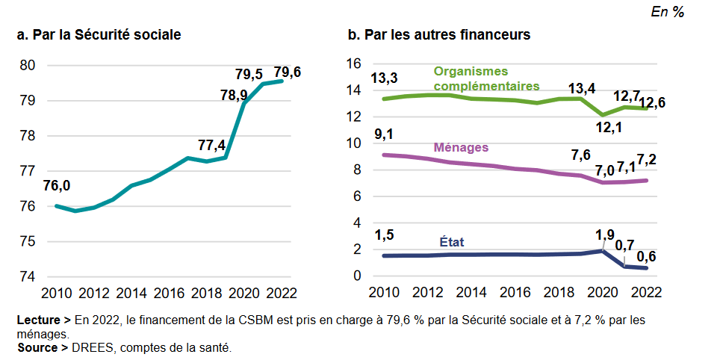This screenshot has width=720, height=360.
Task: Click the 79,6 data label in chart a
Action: pyautogui.click(x=288, y=72)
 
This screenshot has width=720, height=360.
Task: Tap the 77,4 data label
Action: pyautogui.click(x=212, y=145)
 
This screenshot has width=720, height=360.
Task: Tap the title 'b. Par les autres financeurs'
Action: pyautogui.click(x=439, y=34)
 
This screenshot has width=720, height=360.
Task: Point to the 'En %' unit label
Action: pyautogui.click(x=668, y=12)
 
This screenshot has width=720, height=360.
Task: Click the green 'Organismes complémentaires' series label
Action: pyautogui.click(x=486, y=78)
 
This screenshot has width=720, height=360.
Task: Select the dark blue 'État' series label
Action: pyautogui.click(x=451, y=242)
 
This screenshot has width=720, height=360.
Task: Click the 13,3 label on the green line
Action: pyautogui.click(x=384, y=78)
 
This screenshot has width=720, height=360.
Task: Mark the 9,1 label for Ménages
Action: pyautogui.click(x=384, y=135)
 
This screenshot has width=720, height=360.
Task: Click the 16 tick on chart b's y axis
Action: pyautogui.click(x=354, y=64)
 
